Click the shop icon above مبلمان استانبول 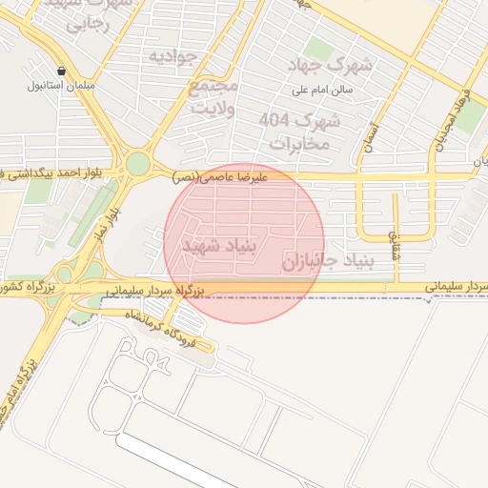(62, 71)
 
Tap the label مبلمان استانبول (62, 86)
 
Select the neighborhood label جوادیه (172, 58)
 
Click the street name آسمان (371, 139)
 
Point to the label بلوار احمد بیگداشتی (57, 173)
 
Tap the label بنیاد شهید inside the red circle (220, 247)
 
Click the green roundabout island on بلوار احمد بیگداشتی (137, 164)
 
